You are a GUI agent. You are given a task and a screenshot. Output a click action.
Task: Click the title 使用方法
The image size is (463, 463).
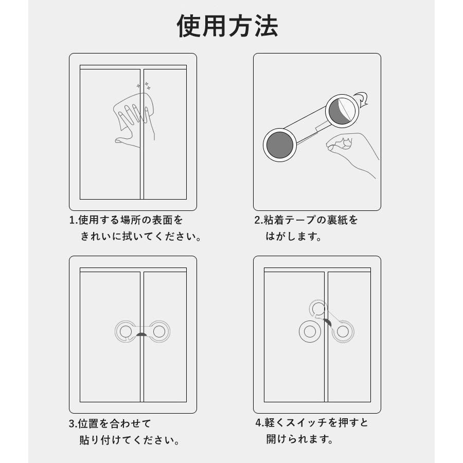[227, 26]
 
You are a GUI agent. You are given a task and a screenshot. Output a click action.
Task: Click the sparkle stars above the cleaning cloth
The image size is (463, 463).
[144, 86]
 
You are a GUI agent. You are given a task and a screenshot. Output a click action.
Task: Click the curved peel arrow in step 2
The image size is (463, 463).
[362, 98]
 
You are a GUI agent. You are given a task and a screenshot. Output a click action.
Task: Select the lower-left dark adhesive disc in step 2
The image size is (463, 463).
[280, 145]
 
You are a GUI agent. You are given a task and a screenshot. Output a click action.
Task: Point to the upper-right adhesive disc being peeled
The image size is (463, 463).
[342, 111]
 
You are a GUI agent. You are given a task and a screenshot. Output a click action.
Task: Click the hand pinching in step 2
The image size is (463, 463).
[351, 154]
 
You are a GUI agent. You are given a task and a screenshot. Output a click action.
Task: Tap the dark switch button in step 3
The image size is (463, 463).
[142, 334]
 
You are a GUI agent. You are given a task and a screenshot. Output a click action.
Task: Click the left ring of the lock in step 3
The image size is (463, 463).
[126, 331]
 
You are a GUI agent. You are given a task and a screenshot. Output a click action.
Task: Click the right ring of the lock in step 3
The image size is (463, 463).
[159, 331]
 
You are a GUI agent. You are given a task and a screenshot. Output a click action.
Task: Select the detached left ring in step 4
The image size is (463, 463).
[310, 332]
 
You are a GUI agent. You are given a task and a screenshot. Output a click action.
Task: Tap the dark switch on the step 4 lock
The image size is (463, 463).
[328, 323]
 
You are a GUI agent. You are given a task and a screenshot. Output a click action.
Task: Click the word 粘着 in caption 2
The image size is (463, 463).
[274, 220]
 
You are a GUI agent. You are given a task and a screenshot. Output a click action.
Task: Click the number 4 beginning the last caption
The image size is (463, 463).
[258, 423]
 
